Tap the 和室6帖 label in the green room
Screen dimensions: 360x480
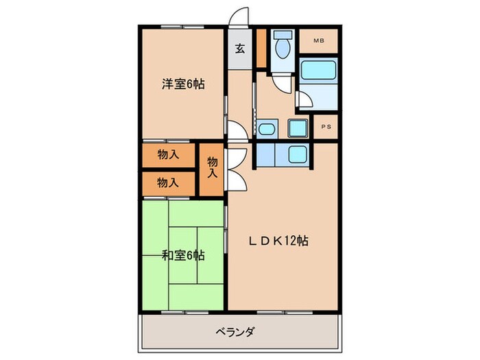tap(184, 256)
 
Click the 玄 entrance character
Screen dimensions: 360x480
tap(241, 49)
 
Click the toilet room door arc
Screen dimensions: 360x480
tap(281, 82)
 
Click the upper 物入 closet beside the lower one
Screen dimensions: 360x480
tap(169, 154)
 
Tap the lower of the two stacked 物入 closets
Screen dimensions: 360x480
tap(169, 182)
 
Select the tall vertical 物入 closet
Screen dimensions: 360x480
tap(213, 168)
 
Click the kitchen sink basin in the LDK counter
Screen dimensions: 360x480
tap(298, 154)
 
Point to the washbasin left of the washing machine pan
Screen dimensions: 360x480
tap(266, 129)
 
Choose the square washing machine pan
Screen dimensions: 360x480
tap(298, 128)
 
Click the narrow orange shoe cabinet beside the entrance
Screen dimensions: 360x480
tap(261, 49)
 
